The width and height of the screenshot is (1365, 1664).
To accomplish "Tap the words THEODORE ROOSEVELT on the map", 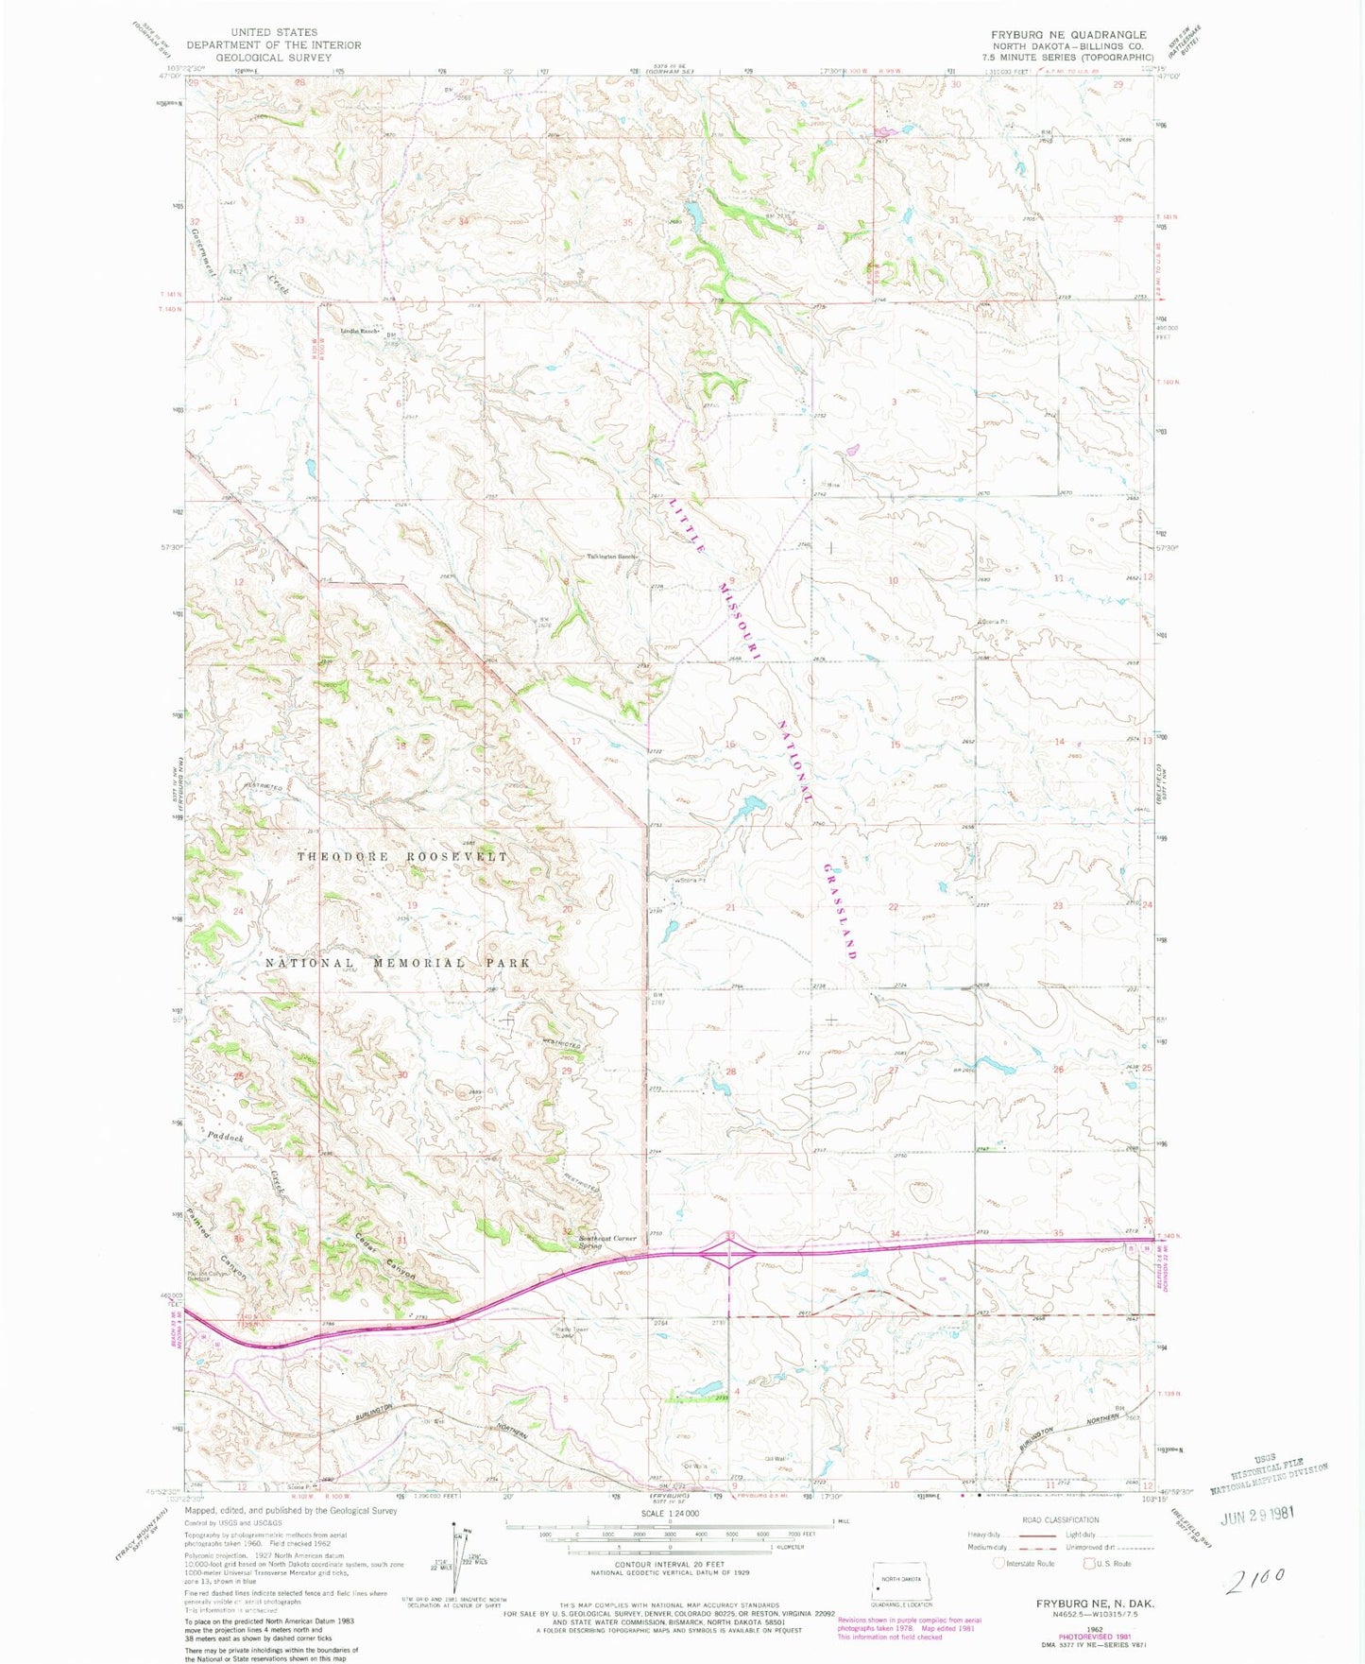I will [402, 856].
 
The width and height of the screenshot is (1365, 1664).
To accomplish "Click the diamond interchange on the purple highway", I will [729, 1255].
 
